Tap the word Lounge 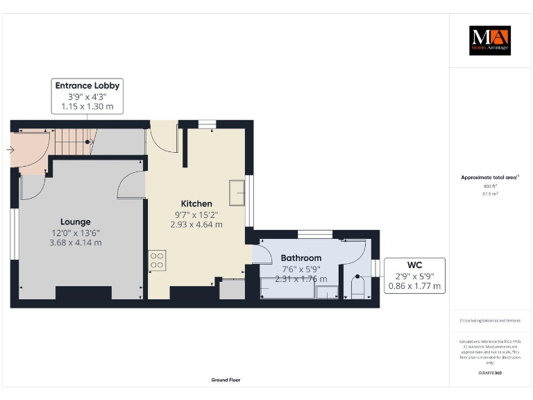74,222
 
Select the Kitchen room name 196,203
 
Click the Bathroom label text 301,258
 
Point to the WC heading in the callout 414,265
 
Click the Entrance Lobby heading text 87,85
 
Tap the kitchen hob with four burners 156,260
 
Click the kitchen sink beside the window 237,192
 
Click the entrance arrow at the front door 10,149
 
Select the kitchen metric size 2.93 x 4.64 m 196,224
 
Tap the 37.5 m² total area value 490,194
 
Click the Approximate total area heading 489,178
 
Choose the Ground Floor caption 226,380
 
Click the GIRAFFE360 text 490,374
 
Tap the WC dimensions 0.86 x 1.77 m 414,285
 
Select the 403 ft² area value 490,187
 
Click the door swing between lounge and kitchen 132,187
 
